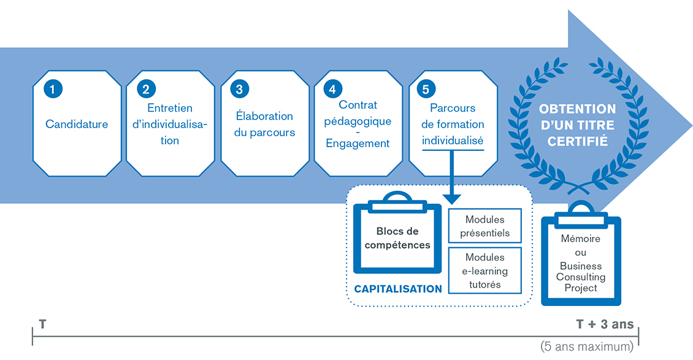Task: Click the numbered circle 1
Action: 53,89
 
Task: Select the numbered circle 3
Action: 239,89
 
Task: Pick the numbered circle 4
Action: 332,89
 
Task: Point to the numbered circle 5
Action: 426,89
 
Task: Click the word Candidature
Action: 77,124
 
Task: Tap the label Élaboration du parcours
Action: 264,124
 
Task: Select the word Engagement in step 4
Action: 358,144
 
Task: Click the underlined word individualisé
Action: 453,140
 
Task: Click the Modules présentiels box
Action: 484,226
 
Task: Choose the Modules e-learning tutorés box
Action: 484,270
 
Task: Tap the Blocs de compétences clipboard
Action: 397,239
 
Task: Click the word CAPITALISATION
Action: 398,289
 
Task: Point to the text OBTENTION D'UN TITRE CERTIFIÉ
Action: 577,124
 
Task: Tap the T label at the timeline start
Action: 42,324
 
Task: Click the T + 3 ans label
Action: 604,324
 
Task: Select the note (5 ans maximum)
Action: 586,347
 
